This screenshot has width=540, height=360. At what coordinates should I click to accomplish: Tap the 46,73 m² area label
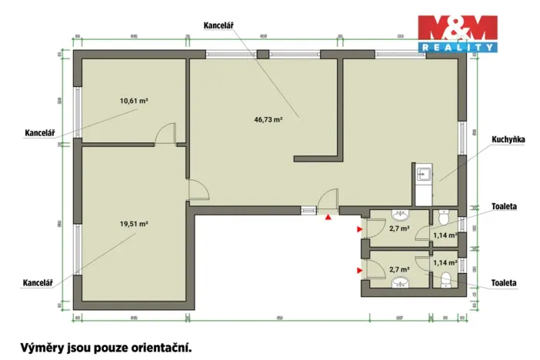pyautogui.click(x=268, y=119)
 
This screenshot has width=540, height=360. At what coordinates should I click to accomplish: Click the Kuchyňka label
pyautogui.click(x=508, y=140)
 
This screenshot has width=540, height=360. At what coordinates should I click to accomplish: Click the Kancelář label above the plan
pyautogui.click(x=219, y=25)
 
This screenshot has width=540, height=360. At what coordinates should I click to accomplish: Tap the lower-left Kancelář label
pyautogui.click(x=36, y=283)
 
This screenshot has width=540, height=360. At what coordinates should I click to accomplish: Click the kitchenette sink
pyautogui.click(x=422, y=175)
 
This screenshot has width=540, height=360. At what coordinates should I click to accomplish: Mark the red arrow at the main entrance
pyautogui.click(x=328, y=218)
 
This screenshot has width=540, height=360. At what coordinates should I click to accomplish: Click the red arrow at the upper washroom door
pyautogui.click(x=359, y=228)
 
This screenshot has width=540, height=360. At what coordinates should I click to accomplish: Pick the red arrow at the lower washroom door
pyautogui.click(x=359, y=270)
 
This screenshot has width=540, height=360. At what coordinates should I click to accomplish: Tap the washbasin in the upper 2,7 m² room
pyautogui.click(x=400, y=214)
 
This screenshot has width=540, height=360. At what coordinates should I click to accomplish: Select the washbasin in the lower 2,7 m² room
pyautogui.click(x=399, y=284)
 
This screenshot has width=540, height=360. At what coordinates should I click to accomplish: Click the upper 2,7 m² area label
pyautogui.click(x=399, y=228)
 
